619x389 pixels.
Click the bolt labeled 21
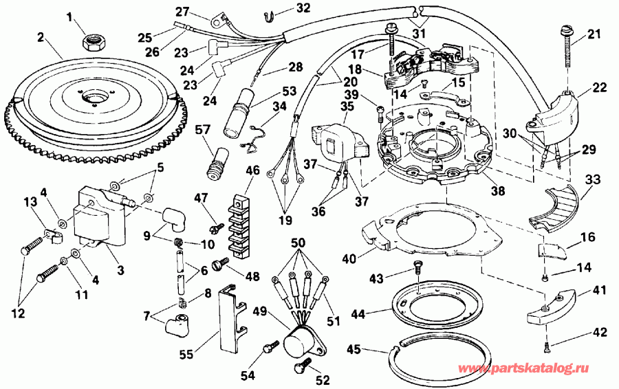[568, 46]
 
